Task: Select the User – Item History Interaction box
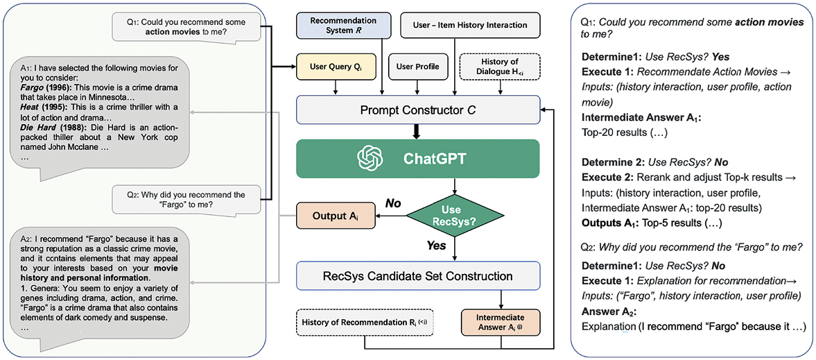(471, 25)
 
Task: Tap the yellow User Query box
(335, 67)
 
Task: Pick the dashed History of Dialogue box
(500, 67)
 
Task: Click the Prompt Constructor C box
(419, 110)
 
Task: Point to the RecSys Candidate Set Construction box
(419, 275)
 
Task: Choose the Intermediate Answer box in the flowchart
(501, 323)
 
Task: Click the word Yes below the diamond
(435, 246)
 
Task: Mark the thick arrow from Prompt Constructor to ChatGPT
(416, 133)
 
